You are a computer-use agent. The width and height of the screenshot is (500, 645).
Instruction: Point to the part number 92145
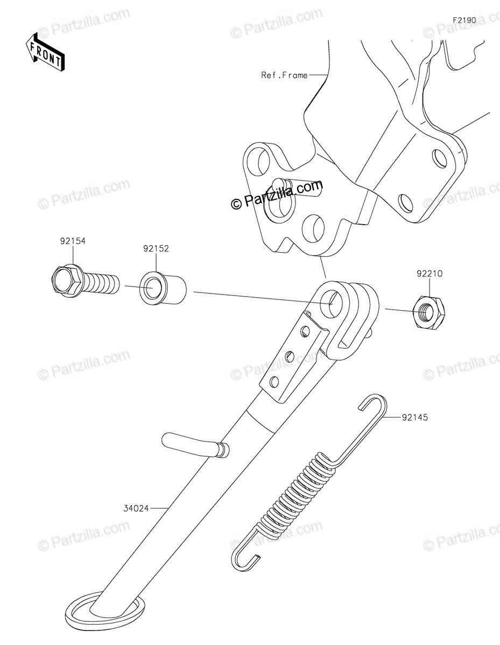[x=414, y=416]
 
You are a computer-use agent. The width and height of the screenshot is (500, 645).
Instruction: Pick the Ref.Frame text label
[x=284, y=75]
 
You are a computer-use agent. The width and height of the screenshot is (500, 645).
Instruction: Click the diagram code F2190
[x=464, y=20]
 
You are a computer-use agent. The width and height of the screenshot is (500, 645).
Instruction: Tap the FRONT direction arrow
[x=46, y=53]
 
